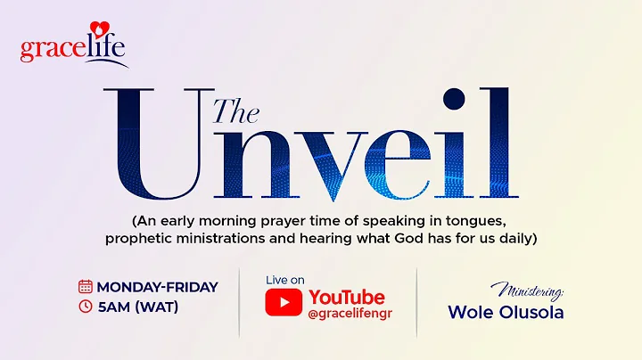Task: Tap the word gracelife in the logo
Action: tap(73, 50)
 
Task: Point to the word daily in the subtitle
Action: tap(511, 240)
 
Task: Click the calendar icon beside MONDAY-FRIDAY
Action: tap(86, 287)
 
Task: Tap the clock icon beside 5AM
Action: tap(86, 307)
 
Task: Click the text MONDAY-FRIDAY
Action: tap(157, 287)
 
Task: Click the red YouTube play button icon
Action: tap(284, 302)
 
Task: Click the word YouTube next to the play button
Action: tap(346, 297)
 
